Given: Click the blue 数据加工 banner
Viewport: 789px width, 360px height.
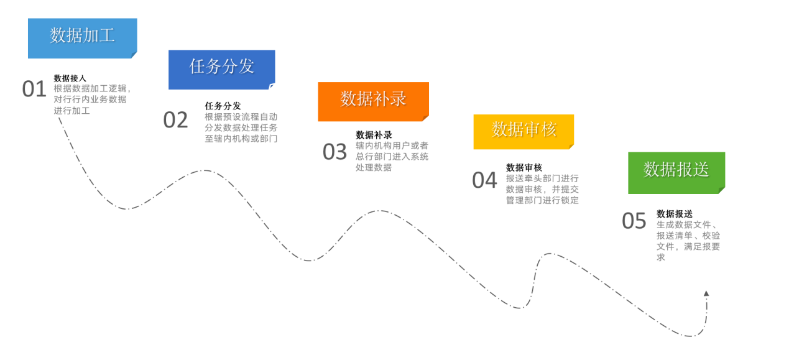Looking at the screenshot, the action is tap(83, 38).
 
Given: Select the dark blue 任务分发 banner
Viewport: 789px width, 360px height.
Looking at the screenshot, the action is tap(221, 70).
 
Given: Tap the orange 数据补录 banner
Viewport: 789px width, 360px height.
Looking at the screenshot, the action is tap(374, 102).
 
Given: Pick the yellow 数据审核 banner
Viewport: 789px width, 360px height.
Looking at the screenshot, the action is tap(524, 132).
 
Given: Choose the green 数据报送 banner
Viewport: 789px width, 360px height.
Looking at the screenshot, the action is tap(676, 173).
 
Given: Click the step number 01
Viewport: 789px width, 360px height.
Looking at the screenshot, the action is tap(34, 89).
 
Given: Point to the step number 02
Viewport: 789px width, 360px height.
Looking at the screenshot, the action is tap(175, 120).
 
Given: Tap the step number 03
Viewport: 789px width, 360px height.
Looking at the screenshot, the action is tap(335, 152).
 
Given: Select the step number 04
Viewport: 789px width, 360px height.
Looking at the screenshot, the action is tap(484, 180).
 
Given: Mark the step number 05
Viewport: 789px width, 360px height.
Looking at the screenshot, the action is tap(634, 221).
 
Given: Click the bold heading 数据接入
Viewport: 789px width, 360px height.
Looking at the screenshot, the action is tap(70, 78).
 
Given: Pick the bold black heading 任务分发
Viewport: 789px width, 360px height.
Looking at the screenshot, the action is tap(223, 106).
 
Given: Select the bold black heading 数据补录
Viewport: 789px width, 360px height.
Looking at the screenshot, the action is tap(374, 135).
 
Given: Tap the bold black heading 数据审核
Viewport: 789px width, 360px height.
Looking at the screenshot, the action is tap(524, 167).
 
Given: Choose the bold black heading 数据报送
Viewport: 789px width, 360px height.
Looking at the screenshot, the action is tap(675, 213).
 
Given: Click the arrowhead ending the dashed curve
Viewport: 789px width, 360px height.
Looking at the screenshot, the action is tap(706, 293).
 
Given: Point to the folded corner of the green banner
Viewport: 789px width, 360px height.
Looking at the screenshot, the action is tap(722, 190).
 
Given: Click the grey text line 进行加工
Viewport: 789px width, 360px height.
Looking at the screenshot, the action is tap(72, 111).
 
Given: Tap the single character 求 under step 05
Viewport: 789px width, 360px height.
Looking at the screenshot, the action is tap(661, 257).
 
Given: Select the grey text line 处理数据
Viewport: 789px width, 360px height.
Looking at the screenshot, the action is tap(374, 167).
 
